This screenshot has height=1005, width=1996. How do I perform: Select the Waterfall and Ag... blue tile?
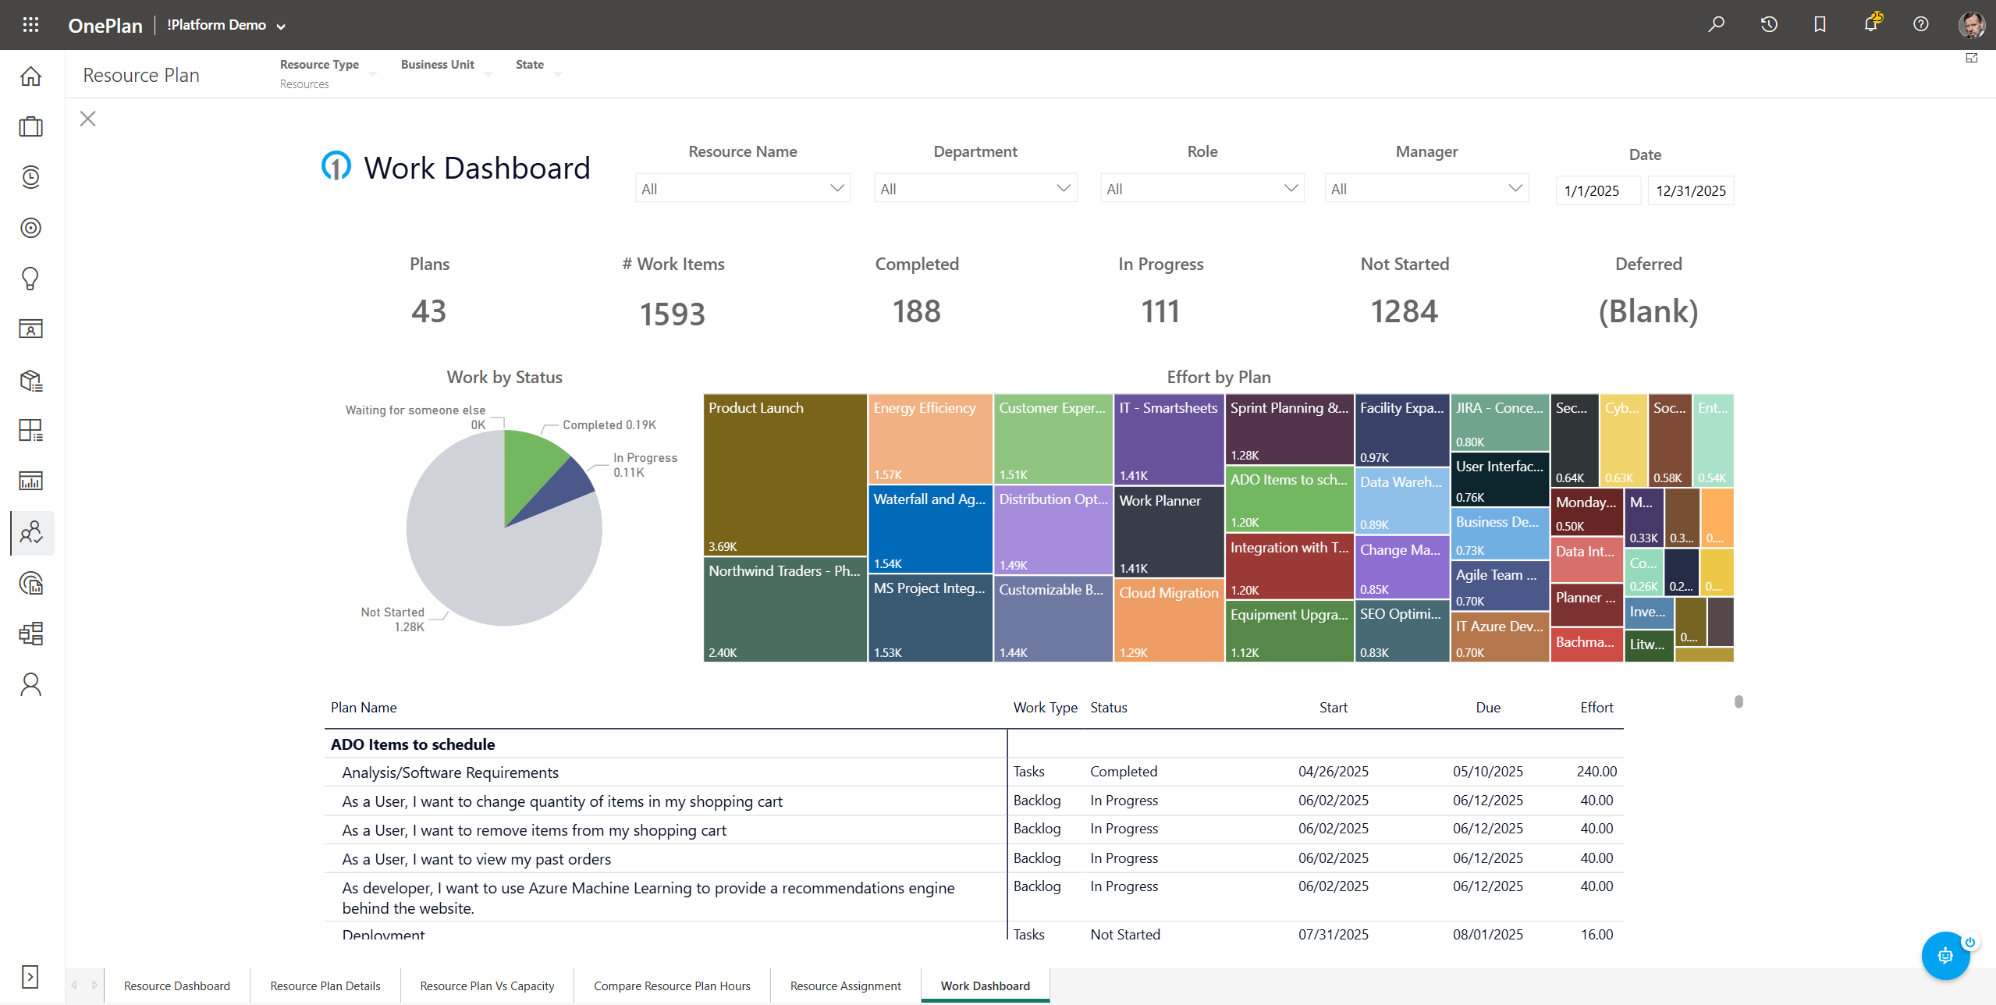coord(929,529)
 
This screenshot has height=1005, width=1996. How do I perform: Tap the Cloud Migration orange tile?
coord(1168,620)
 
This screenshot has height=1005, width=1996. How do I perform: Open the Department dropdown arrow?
coord(1063,188)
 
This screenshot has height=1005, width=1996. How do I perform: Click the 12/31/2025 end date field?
coord(1690,190)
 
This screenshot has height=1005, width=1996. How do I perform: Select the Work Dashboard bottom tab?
coord(985,985)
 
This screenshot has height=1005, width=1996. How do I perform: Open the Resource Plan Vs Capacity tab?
coord(487,985)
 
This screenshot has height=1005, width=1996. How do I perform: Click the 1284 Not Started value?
coord(1404,311)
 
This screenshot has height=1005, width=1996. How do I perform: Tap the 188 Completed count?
coord(916,311)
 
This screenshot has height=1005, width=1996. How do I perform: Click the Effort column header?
coord(1596,707)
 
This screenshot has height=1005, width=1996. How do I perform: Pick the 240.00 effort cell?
coord(1596,771)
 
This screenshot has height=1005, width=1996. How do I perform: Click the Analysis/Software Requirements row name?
coord(450,772)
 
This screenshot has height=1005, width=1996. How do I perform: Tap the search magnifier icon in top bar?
coord(1716,24)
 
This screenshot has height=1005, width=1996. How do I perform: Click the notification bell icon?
coord(1870,24)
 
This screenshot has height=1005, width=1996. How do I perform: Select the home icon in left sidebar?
coord(30,76)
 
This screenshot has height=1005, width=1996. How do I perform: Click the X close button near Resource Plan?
coord(87,119)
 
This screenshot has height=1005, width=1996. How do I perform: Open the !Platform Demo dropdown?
coord(226,25)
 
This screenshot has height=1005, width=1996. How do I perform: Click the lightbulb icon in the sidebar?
coord(30,279)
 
